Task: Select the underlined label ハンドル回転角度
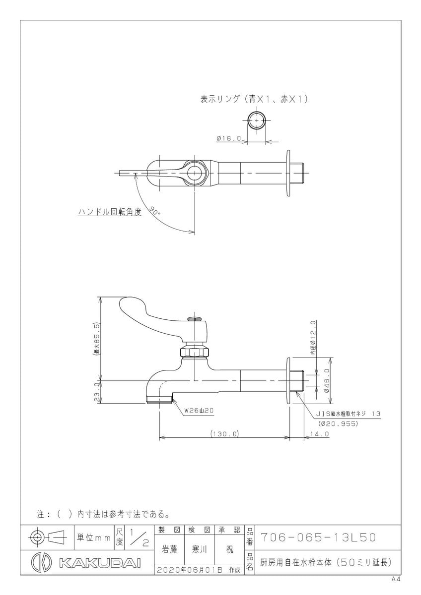110,212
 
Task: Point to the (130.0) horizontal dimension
224,434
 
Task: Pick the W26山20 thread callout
199,411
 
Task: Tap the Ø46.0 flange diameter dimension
327,380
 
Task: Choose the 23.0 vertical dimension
97,392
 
